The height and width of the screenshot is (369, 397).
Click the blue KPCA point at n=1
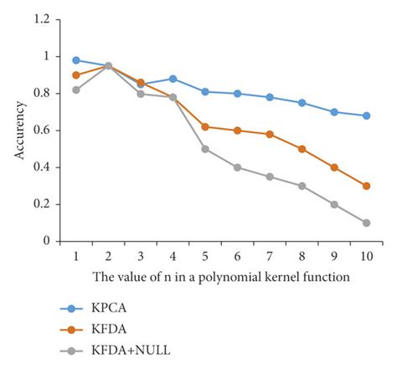click(75, 60)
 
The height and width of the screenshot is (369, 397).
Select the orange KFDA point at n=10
click(367, 186)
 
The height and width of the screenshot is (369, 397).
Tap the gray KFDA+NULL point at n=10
click(367, 223)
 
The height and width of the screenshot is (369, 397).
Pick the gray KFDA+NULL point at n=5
click(205, 149)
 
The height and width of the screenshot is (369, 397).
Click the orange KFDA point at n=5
click(205, 126)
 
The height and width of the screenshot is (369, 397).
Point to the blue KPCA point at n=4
click(173, 79)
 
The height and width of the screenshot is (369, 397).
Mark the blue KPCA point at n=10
click(367, 115)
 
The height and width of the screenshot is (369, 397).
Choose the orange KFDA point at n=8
click(302, 149)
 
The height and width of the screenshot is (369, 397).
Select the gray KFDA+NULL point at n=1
click(75, 90)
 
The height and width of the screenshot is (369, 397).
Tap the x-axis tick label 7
click(270, 255)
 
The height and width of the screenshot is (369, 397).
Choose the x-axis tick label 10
click(367, 255)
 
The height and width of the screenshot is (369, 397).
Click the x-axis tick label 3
click(140, 255)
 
